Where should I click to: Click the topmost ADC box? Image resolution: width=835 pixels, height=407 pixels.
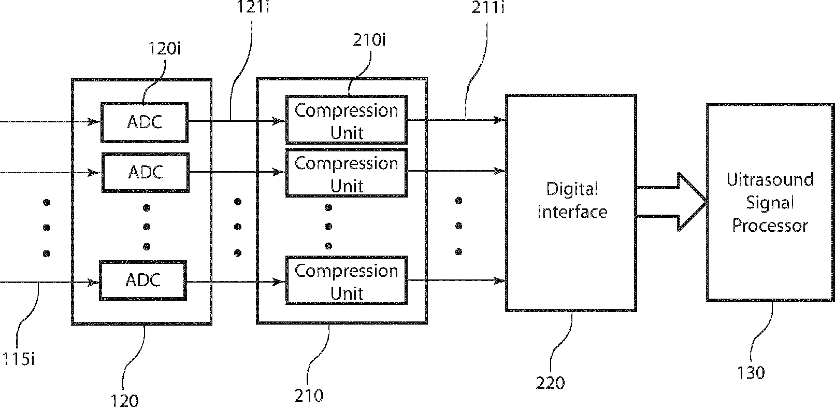pyautogui.click(x=144, y=122)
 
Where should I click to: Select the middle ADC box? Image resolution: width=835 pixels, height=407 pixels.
pyautogui.click(x=145, y=172)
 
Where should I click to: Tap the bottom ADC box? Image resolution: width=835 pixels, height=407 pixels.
pyautogui.click(x=143, y=280)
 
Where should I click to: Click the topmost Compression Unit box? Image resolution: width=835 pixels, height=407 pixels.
pyautogui.click(x=346, y=120)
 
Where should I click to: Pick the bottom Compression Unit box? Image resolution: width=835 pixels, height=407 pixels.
pyautogui.click(x=346, y=280)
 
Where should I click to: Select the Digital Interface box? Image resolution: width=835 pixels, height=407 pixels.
pyautogui.click(x=571, y=202)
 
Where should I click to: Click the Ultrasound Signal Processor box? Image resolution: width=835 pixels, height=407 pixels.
pyautogui.click(x=770, y=202)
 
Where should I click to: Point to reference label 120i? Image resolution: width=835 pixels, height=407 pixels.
pyautogui.click(x=164, y=49)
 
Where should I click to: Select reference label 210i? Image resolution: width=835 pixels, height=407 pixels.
pyautogui.click(x=369, y=40)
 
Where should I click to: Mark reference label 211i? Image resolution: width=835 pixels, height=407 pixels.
pyautogui.click(x=487, y=8)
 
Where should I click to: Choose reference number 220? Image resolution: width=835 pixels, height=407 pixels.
pyautogui.click(x=550, y=383)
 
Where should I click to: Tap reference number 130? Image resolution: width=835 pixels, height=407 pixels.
pyautogui.click(x=751, y=373)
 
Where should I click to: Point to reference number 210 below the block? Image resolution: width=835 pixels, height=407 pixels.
pyautogui.click(x=309, y=396)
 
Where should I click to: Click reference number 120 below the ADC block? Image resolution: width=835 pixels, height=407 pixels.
pyautogui.click(x=124, y=400)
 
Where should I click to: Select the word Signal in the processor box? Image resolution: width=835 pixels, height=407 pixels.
pyautogui.click(x=770, y=203)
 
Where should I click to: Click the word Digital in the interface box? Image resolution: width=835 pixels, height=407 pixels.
pyautogui.click(x=572, y=189)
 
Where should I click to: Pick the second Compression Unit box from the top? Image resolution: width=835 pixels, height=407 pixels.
pyautogui.click(x=346, y=173)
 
